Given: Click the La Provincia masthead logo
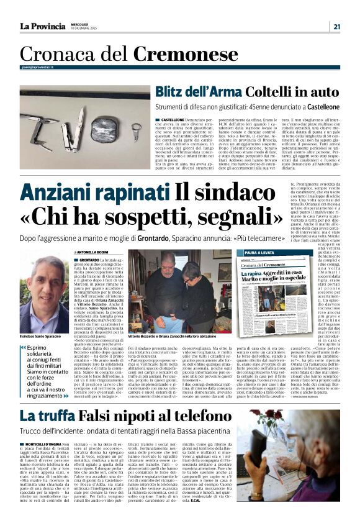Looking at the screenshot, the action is [x=41, y=26].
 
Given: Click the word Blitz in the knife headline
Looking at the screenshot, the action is [x=174, y=92].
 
